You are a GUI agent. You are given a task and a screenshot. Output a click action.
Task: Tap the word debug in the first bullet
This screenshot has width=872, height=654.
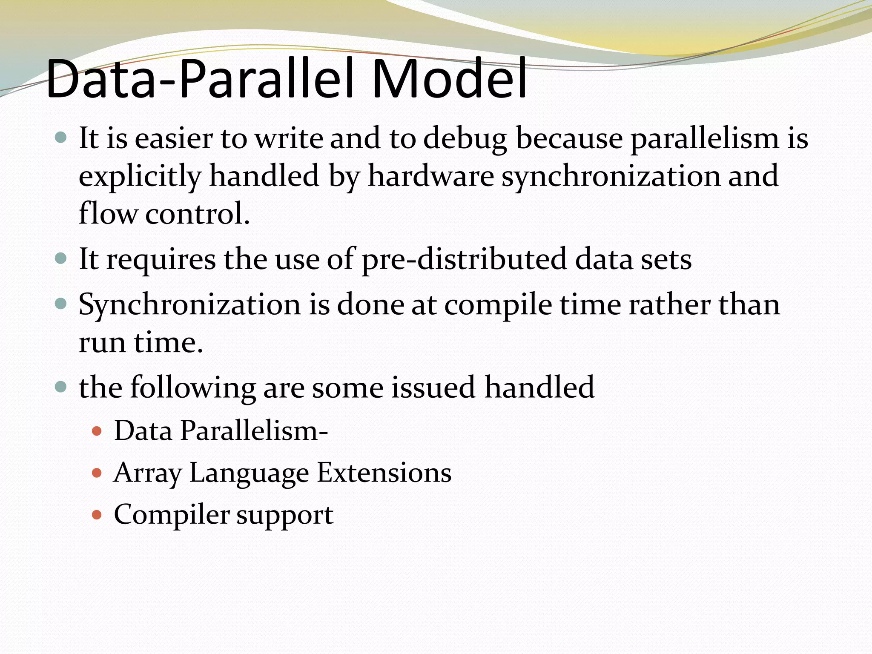click(x=465, y=139)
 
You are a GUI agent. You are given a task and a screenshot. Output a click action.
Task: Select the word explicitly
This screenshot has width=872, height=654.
click(x=140, y=177)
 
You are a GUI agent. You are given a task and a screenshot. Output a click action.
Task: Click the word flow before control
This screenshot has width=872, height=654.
click(x=108, y=213)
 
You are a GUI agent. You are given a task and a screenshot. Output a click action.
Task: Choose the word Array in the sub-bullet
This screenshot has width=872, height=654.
click(x=147, y=473)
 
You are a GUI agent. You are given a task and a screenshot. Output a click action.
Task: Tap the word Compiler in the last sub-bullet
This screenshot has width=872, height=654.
click(x=171, y=515)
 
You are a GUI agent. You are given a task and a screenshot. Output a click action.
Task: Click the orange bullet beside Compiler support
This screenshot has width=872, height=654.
click(x=97, y=515)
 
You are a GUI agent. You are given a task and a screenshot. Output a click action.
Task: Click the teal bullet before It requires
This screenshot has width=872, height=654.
click(x=61, y=258)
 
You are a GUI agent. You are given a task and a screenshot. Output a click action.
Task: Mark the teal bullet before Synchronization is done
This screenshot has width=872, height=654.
click(x=61, y=304)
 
